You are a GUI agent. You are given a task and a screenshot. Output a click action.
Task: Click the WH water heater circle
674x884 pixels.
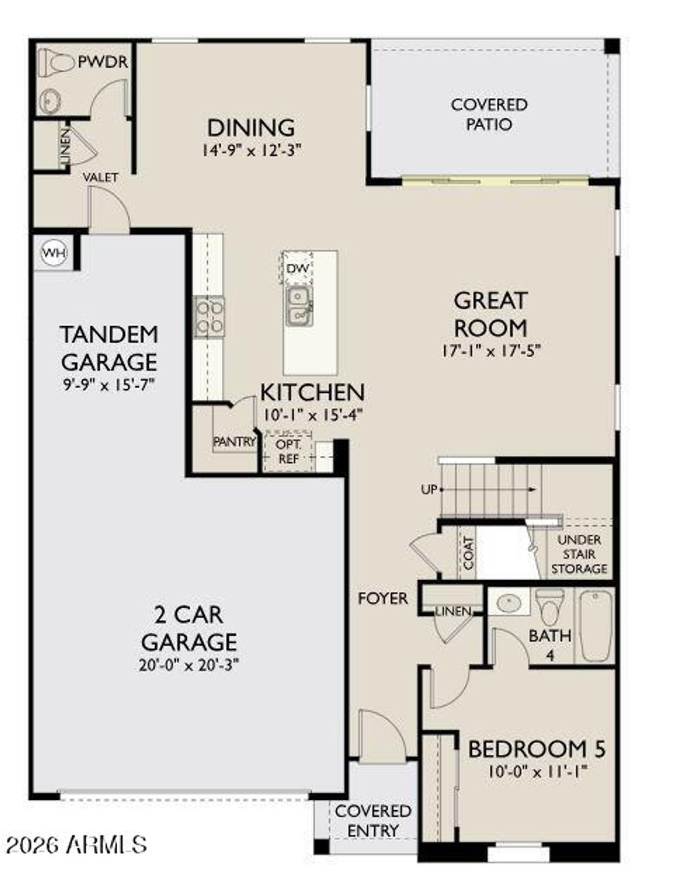coord(54,253)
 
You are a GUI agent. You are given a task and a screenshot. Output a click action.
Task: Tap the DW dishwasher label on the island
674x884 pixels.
coord(297,268)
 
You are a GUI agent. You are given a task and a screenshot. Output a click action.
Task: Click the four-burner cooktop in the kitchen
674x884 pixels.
coord(209,316)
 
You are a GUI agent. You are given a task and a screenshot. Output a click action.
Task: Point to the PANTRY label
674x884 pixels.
coord(234,442)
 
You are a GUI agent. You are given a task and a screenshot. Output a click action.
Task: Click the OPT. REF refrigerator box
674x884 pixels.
coord(288,452)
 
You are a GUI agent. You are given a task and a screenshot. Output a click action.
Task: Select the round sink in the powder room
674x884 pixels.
coord(49,101)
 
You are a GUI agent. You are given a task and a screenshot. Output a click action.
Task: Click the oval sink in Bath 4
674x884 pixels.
coord(509,603)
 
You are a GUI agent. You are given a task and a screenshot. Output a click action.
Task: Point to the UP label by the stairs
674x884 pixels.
coord(428,490)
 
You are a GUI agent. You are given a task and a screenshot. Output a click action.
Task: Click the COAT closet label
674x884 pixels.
coord(469,552)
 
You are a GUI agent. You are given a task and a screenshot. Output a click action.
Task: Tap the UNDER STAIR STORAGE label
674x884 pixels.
coord(579,554)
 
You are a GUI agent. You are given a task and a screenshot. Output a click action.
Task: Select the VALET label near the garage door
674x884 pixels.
coord(101,178)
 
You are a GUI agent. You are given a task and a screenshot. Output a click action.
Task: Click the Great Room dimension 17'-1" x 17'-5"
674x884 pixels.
coord(490,351)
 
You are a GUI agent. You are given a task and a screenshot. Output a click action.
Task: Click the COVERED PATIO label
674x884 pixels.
coord(489,114)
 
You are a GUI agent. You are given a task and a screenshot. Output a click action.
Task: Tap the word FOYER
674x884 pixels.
coord(382,599)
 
